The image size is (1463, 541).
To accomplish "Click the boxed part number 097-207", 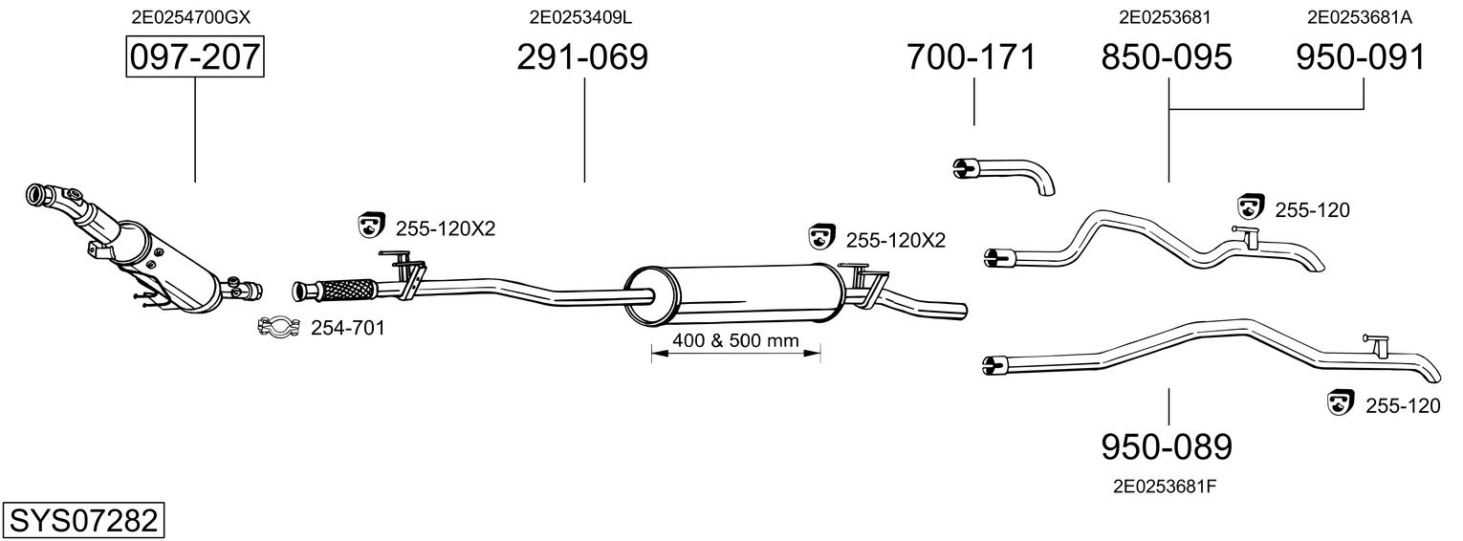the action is pos(195,57).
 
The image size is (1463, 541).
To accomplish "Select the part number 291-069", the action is pos(582,57).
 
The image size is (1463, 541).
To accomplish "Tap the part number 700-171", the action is pos(971,57).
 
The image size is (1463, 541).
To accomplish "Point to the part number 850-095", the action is pos(1167,57).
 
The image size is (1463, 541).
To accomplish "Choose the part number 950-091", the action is pos(1361,57).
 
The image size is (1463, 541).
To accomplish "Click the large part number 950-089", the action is pos(1167,447).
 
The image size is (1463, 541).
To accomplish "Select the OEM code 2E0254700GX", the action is pos(190,17).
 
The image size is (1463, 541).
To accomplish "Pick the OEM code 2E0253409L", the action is pos(580,17).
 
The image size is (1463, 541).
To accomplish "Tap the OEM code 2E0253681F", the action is pos(1165,487).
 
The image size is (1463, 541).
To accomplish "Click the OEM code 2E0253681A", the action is pos(1360,17).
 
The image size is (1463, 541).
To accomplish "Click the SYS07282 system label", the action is pos(83,521).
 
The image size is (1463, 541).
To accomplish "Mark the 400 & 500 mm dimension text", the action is pos(736,340).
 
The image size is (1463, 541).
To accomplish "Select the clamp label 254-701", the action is pos(347,328).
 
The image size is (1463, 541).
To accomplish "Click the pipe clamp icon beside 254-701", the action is pos(278,327).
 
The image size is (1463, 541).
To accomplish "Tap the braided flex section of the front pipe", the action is pos(348,290).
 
